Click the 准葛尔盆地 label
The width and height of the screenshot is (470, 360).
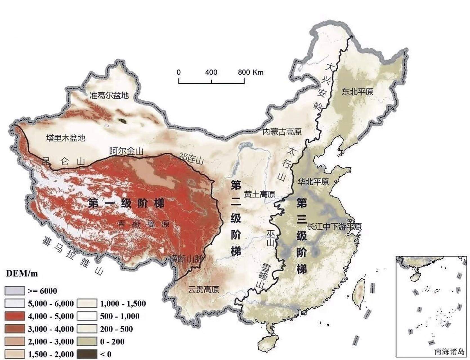(109, 95)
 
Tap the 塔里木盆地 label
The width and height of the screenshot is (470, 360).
(66, 138)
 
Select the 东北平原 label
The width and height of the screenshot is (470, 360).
(357, 92)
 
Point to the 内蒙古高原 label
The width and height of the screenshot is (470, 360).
(282, 132)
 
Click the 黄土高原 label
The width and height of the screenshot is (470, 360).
(259, 194)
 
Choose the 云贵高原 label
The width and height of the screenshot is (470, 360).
(203, 289)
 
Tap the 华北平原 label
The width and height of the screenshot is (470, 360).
(313, 182)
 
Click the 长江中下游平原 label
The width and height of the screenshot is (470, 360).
(334, 227)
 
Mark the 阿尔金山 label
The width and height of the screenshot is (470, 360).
(126, 151)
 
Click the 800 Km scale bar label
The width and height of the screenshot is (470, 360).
(250, 72)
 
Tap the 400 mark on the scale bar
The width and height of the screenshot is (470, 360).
(211, 72)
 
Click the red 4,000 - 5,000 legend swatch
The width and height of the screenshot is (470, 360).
(14, 316)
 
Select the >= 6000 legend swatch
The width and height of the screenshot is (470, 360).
(14, 291)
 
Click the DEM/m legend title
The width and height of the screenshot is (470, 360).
(22, 273)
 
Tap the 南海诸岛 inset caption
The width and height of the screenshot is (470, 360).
(449, 351)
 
